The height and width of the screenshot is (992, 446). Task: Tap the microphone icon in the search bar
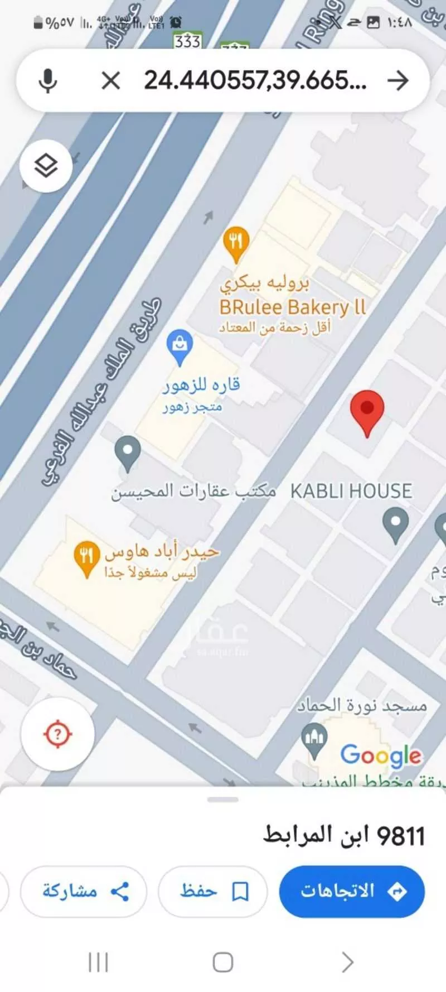coord(48,81)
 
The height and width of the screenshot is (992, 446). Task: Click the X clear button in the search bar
coord(111,81)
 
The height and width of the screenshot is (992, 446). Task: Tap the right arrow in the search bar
coord(398,81)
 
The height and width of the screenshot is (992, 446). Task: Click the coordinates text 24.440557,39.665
coord(255,81)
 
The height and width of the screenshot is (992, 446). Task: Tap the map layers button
coord(46,166)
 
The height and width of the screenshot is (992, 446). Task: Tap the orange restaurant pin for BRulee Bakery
coord(236,243)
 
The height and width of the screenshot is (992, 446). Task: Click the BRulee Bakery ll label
coord(292,307)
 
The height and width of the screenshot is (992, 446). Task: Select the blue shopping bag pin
coord(180,346)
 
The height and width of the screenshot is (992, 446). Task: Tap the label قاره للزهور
coord(201,385)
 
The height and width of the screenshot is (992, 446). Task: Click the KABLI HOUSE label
coord(351,491)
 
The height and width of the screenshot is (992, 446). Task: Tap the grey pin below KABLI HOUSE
coord(395,524)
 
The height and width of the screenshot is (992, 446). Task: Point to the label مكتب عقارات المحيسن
coord(193,492)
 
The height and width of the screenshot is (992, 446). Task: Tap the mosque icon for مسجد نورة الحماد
coord(314,740)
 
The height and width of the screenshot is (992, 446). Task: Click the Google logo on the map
coord(381,755)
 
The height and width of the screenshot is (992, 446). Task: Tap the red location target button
coord(57,734)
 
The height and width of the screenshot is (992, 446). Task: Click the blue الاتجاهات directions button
coord(352,891)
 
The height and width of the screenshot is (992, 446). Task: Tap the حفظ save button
coord(213,891)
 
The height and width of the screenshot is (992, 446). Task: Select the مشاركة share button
coord(84,891)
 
